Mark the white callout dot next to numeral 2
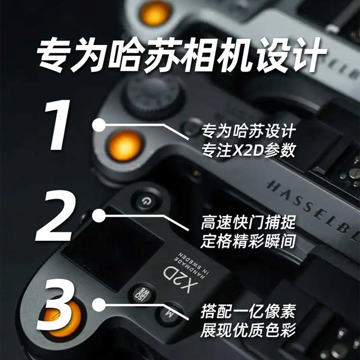(x=98, y=216)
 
